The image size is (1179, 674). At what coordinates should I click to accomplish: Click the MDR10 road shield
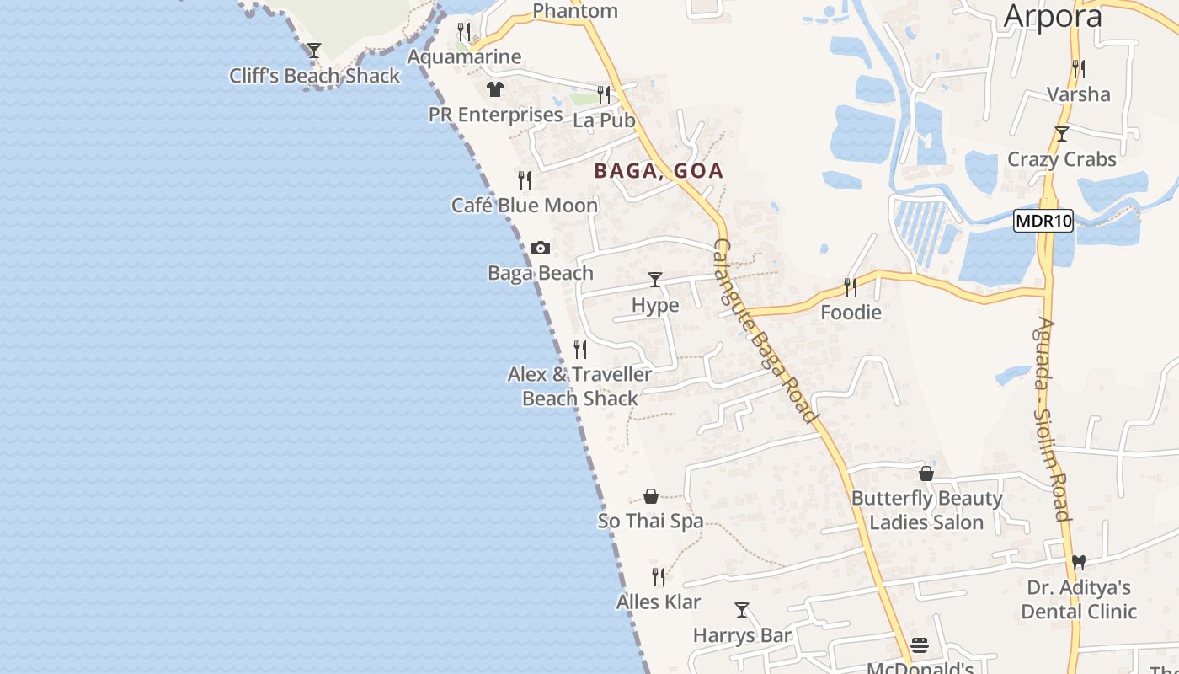(x=1043, y=222)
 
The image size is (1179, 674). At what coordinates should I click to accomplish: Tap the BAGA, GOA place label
(x=659, y=171)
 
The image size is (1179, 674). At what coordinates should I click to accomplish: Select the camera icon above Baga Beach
(x=541, y=248)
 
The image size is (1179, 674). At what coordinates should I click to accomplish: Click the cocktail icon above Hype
(x=655, y=280)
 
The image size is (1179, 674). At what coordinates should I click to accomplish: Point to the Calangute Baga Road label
(x=766, y=331)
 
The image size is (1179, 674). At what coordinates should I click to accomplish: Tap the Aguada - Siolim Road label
(x=1054, y=420)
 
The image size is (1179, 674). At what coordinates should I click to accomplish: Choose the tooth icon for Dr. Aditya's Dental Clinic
(x=1079, y=562)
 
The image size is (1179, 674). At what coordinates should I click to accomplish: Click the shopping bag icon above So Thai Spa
(x=651, y=496)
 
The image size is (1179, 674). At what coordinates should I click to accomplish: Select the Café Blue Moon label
(x=525, y=206)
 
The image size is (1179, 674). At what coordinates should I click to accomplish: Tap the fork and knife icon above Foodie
(x=851, y=287)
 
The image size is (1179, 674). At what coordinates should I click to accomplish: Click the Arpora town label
(x=1053, y=16)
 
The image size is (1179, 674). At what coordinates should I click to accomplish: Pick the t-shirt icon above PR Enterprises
(x=494, y=89)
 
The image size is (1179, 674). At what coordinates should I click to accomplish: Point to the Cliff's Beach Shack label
(x=315, y=76)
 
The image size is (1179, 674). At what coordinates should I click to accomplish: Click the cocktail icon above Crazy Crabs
(x=1062, y=134)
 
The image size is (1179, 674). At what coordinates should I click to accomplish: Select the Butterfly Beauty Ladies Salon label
(x=926, y=511)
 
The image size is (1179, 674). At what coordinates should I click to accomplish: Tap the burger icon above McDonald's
(x=920, y=646)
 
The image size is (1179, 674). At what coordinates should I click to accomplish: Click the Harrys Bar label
(x=742, y=635)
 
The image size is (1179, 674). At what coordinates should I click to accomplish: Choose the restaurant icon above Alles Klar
(x=659, y=577)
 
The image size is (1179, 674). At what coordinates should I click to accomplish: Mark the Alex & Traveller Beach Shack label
(x=579, y=386)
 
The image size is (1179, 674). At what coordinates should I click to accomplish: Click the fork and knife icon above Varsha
(x=1077, y=68)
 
